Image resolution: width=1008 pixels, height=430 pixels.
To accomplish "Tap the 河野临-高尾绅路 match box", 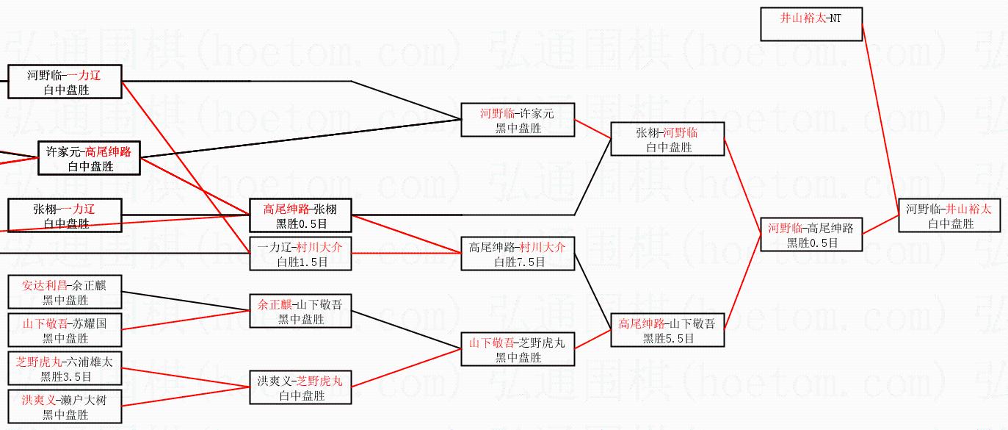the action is tap(811, 234).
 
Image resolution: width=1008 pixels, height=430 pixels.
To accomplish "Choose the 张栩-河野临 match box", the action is tap(667, 139).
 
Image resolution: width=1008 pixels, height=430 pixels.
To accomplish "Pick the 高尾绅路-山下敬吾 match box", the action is tap(667, 330).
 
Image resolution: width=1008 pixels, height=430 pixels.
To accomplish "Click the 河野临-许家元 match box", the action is tap(518, 120).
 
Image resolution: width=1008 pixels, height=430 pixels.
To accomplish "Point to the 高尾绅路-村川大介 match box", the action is tap(518, 254).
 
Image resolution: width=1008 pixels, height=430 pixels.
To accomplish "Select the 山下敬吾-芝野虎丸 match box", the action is tap(518, 349).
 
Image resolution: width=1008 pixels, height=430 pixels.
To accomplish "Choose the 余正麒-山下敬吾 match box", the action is tap(300, 311).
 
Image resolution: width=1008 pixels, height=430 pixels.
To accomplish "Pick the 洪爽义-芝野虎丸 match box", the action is tap(300, 387).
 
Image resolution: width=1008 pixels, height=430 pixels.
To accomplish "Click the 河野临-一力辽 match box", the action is tap(65, 82).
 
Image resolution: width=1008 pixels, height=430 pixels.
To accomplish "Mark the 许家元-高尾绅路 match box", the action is tap(89, 158).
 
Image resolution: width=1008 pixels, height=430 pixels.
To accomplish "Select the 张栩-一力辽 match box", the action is tap(65, 215).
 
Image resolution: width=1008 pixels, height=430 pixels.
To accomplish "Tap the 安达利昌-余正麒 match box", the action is tap(65, 292).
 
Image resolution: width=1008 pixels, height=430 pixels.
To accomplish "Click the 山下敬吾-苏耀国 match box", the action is tap(65, 330).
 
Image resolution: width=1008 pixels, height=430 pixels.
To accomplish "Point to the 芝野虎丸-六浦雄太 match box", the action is tap(65, 368).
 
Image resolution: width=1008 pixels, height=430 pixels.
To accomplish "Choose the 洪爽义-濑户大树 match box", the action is tap(65, 406).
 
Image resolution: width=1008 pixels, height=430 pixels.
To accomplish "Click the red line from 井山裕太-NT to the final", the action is tap(881, 118).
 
